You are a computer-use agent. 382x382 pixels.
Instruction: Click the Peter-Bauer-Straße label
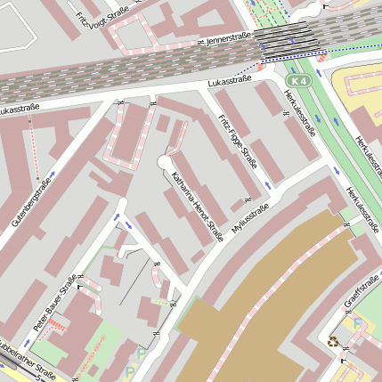54,304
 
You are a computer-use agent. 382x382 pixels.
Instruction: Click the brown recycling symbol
333,340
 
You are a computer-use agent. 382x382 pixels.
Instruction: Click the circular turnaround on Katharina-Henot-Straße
164,161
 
